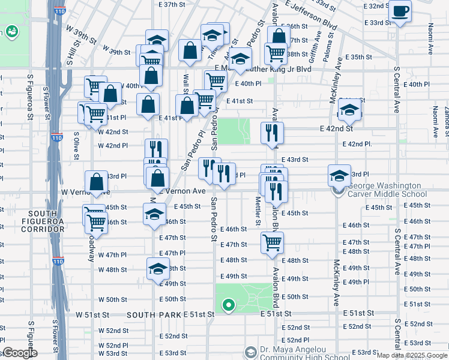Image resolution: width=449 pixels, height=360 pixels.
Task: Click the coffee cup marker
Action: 400,11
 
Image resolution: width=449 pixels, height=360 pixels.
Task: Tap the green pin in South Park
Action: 228,306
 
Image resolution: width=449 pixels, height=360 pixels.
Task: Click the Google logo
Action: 20,353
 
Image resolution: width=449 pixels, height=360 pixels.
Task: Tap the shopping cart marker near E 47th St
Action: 272,243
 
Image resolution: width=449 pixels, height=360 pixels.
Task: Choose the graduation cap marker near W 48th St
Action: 157,269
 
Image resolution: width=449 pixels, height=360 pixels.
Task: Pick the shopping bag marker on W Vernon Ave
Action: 97,182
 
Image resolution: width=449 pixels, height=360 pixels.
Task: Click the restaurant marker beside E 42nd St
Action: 272,133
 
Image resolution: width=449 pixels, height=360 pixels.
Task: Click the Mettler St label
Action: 258,212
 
